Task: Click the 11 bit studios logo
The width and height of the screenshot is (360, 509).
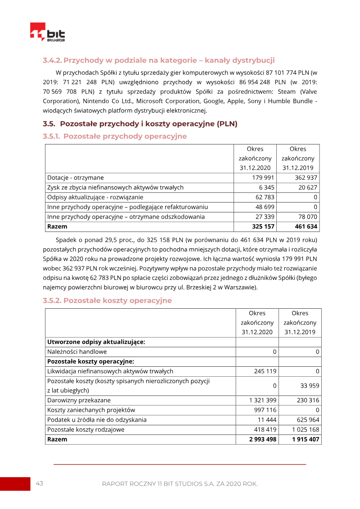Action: (x=47, y=32)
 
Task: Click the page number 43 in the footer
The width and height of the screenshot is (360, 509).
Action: (x=40, y=483)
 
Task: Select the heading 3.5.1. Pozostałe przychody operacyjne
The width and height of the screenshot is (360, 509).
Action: (x=115, y=136)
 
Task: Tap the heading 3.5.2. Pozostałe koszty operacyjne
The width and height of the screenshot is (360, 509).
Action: (x=107, y=301)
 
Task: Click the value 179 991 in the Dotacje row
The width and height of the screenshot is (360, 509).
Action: (x=264, y=178)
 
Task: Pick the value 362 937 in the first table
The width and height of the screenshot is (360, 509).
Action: (x=306, y=178)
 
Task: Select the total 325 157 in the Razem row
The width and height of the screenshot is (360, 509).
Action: (x=263, y=226)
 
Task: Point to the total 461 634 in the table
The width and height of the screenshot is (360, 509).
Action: (x=306, y=226)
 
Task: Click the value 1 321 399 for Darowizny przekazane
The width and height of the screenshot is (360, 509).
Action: (x=263, y=400)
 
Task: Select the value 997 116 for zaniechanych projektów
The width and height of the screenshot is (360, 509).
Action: (x=265, y=410)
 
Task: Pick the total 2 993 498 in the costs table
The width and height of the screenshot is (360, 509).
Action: (x=263, y=439)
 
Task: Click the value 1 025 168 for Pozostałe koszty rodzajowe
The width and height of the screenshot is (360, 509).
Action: (x=306, y=429)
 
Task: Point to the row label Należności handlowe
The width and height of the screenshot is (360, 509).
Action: (x=77, y=351)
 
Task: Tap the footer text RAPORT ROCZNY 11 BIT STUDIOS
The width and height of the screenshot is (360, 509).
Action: (x=180, y=484)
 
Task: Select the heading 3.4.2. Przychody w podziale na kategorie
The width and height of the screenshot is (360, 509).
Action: (x=158, y=60)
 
